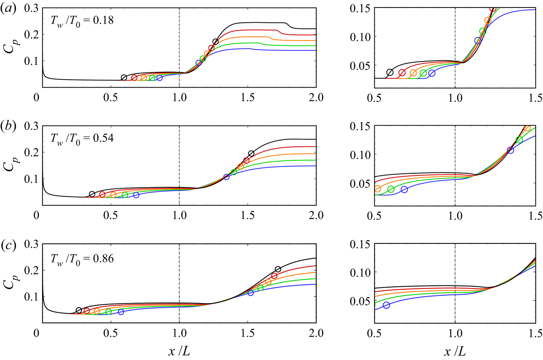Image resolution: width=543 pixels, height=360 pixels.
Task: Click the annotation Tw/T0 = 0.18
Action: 82,20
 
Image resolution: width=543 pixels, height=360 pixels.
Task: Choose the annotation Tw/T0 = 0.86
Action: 82,259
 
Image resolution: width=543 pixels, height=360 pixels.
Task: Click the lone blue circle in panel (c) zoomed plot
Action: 386,305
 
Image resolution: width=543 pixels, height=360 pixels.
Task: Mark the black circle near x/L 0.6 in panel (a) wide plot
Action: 124,78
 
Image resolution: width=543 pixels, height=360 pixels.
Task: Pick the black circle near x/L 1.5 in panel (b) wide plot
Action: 251,154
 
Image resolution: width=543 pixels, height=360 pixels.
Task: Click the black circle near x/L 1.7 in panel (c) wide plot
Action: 278,269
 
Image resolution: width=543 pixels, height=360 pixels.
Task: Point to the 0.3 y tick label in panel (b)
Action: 31,126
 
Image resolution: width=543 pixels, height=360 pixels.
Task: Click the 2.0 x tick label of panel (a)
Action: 316,98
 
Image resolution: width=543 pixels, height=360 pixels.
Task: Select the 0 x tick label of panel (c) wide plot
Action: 36,333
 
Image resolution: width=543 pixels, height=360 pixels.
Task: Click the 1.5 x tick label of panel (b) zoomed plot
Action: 535,216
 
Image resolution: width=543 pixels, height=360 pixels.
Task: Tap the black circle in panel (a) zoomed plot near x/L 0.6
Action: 390,73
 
